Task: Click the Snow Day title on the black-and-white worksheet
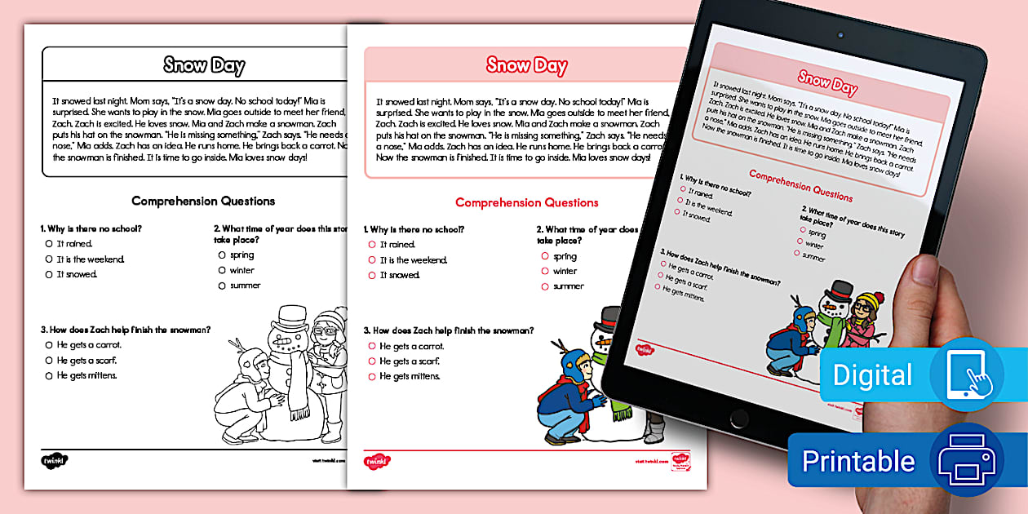coord(204,65)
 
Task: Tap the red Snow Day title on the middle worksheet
coord(527,65)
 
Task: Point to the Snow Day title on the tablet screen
coord(827,81)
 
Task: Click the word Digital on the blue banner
coord(872,375)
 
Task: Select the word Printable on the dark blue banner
coord(858,461)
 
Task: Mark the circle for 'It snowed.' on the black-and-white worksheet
coord(49,275)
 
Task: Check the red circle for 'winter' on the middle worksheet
coord(544,272)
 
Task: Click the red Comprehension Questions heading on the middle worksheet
coord(527,202)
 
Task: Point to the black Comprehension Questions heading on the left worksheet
coord(203,201)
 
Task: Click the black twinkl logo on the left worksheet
coord(55,460)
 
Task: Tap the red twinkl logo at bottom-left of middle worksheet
coord(377,461)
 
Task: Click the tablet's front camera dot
coord(839,35)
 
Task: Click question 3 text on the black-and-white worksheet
coord(126,330)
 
